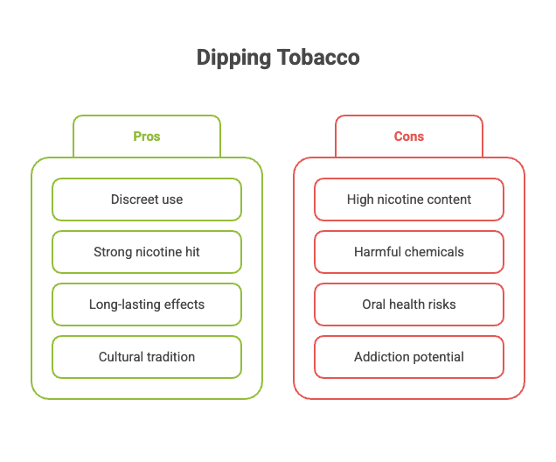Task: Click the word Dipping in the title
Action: [231, 59]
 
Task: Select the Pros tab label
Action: [147, 136]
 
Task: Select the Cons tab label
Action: [409, 136]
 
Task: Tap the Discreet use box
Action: [147, 199]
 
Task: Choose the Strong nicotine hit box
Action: [147, 252]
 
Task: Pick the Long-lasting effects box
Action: [147, 304]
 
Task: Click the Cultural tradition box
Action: [147, 357]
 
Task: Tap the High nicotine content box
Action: [409, 199]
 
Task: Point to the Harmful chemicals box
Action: [409, 252]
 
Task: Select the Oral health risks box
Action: [409, 304]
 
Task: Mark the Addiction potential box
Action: [409, 357]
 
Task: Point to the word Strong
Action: [114, 252]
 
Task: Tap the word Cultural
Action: [120, 357]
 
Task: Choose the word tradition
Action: [170, 357]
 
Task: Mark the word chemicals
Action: [434, 252]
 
